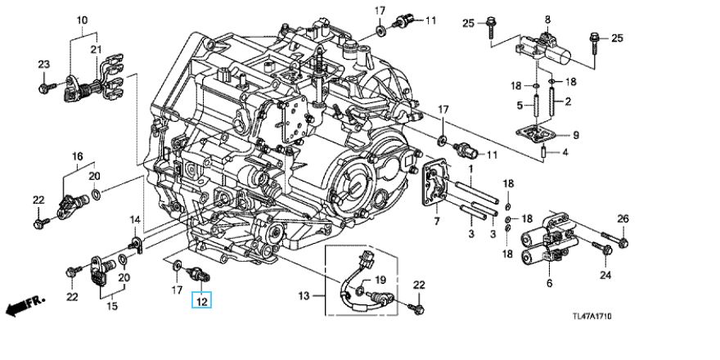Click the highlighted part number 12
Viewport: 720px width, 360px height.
tap(201, 301)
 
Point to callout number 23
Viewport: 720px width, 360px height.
tap(43, 65)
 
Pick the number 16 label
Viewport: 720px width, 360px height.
tap(78, 155)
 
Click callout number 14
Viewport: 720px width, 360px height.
tap(136, 219)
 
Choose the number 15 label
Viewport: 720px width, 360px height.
tap(112, 307)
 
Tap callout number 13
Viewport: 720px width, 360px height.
tap(304, 295)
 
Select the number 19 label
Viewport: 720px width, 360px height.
tap(379, 280)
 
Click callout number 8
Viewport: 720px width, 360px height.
tap(548, 19)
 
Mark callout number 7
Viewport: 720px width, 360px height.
tap(436, 222)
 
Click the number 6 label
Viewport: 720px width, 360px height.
tap(549, 283)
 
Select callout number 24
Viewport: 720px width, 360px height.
tap(605, 275)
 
